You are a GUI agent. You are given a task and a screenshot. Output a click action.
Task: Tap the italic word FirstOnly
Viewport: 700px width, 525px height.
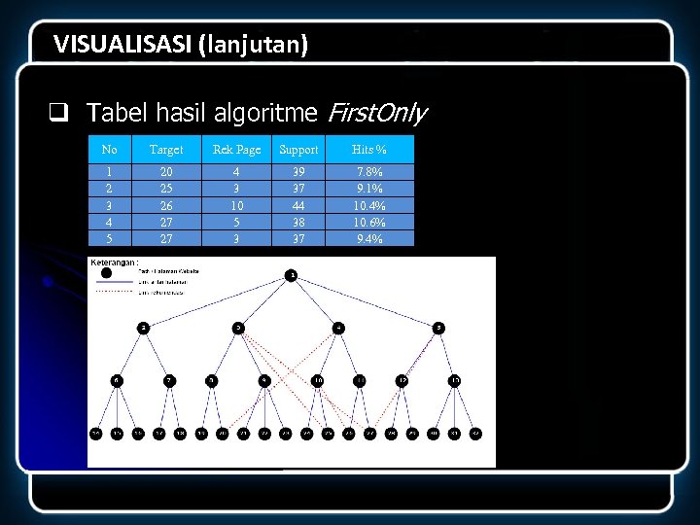tap(376, 114)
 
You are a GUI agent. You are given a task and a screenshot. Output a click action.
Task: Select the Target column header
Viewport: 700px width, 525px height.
tap(166, 150)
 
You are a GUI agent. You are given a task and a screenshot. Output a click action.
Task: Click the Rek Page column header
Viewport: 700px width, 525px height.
tap(236, 150)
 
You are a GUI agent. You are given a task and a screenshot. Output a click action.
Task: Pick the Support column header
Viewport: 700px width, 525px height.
tap(298, 150)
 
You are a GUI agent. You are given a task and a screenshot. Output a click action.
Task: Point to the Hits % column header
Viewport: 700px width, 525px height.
tap(369, 150)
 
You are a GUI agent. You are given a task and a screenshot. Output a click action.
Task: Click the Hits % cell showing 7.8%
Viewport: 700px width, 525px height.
tap(369, 172)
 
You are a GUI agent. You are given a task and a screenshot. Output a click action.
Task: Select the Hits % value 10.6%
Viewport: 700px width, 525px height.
tap(369, 222)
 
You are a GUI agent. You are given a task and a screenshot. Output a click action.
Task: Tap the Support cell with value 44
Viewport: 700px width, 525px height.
tap(298, 205)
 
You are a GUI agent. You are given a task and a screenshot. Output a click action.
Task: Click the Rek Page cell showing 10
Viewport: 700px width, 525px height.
tap(236, 205)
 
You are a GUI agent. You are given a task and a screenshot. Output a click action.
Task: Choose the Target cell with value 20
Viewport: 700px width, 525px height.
tap(166, 172)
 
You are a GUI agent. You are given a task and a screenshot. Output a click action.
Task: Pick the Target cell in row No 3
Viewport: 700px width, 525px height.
tap(166, 205)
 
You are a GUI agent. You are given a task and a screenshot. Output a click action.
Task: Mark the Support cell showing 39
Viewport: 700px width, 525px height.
tap(298, 172)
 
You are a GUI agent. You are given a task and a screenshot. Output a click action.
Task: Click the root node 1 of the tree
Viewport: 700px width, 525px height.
tap(291, 276)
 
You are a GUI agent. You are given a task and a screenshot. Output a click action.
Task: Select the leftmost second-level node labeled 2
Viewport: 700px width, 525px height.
tap(143, 328)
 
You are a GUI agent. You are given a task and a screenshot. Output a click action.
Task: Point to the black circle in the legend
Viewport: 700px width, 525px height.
tap(106, 272)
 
